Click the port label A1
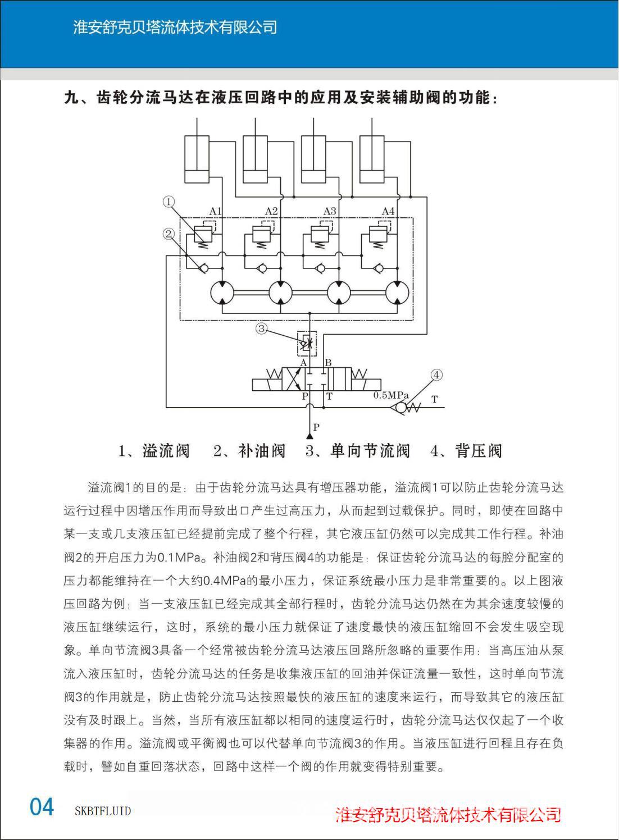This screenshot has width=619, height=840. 215,211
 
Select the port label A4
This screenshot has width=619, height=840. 388,211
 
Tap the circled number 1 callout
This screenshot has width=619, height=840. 169,202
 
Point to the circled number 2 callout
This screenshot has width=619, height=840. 169,234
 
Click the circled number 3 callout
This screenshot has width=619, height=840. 261,328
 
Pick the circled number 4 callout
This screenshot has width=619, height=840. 436,375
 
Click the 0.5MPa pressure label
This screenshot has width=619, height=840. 391,395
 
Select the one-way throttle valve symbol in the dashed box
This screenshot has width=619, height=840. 306,343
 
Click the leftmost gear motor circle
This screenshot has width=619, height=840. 222,292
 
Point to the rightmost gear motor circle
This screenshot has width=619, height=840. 398,292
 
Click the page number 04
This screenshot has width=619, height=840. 42,807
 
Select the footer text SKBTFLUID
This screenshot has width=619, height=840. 103,811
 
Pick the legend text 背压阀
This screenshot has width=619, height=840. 478,451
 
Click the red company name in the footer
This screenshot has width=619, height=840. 448,814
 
